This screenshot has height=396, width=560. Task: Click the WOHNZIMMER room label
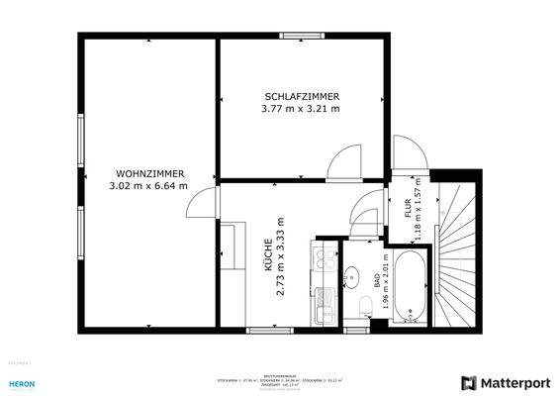(x=146, y=173)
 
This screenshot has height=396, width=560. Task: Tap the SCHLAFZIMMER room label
(x=302, y=96)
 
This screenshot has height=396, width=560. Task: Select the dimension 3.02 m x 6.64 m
(x=146, y=185)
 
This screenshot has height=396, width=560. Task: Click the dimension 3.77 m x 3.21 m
(x=302, y=108)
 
